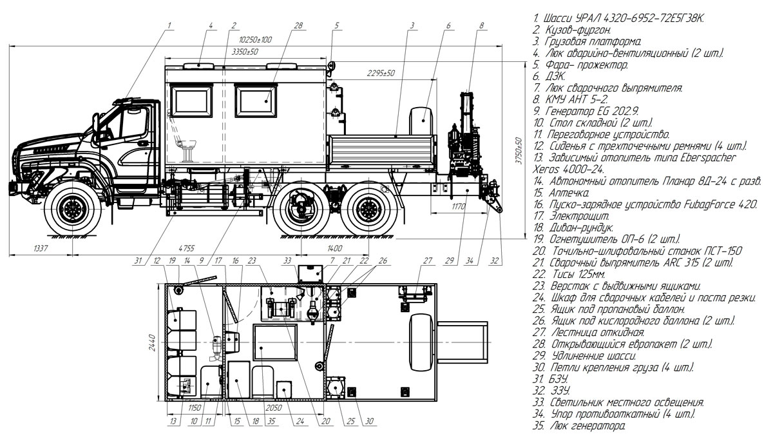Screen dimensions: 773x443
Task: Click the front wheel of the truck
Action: click(73, 209)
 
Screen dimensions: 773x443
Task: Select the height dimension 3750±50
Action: click(519, 151)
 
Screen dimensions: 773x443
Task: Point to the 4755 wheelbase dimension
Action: click(186, 248)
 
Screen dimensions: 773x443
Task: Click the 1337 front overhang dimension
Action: click(41, 248)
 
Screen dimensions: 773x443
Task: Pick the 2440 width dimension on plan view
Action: click(152, 342)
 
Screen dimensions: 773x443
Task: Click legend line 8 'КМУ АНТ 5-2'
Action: click(570, 99)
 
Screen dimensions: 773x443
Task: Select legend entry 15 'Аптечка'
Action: click(561, 192)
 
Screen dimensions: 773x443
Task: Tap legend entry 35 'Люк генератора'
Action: click(579, 426)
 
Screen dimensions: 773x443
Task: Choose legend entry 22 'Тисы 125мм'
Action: click(569, 274)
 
